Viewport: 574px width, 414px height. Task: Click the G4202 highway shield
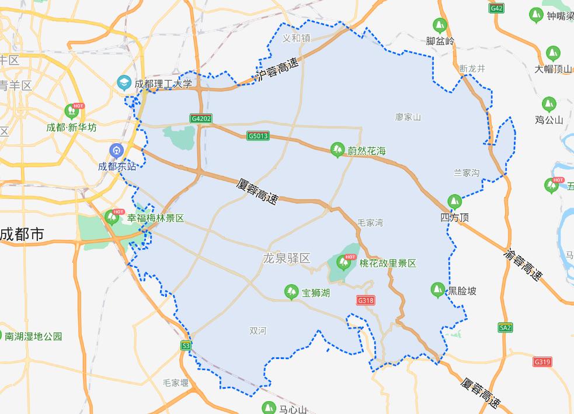201,119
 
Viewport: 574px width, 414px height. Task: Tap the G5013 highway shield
258,136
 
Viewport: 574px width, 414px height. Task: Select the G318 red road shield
366,301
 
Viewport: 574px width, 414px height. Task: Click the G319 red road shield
542,362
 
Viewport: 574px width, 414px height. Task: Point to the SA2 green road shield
506,327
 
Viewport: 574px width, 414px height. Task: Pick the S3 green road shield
186,346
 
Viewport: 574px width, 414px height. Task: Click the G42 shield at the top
497,8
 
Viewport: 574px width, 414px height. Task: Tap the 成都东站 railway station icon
117,151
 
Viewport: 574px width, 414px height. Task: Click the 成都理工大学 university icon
124,83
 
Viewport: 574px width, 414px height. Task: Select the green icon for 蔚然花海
337,150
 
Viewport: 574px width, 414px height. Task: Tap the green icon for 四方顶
454,202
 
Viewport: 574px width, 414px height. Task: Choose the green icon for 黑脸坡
437,289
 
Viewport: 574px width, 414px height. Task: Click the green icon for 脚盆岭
439,26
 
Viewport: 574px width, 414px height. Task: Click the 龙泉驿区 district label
286,258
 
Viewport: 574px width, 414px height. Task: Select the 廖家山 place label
408,117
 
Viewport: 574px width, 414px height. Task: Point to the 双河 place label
258,331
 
